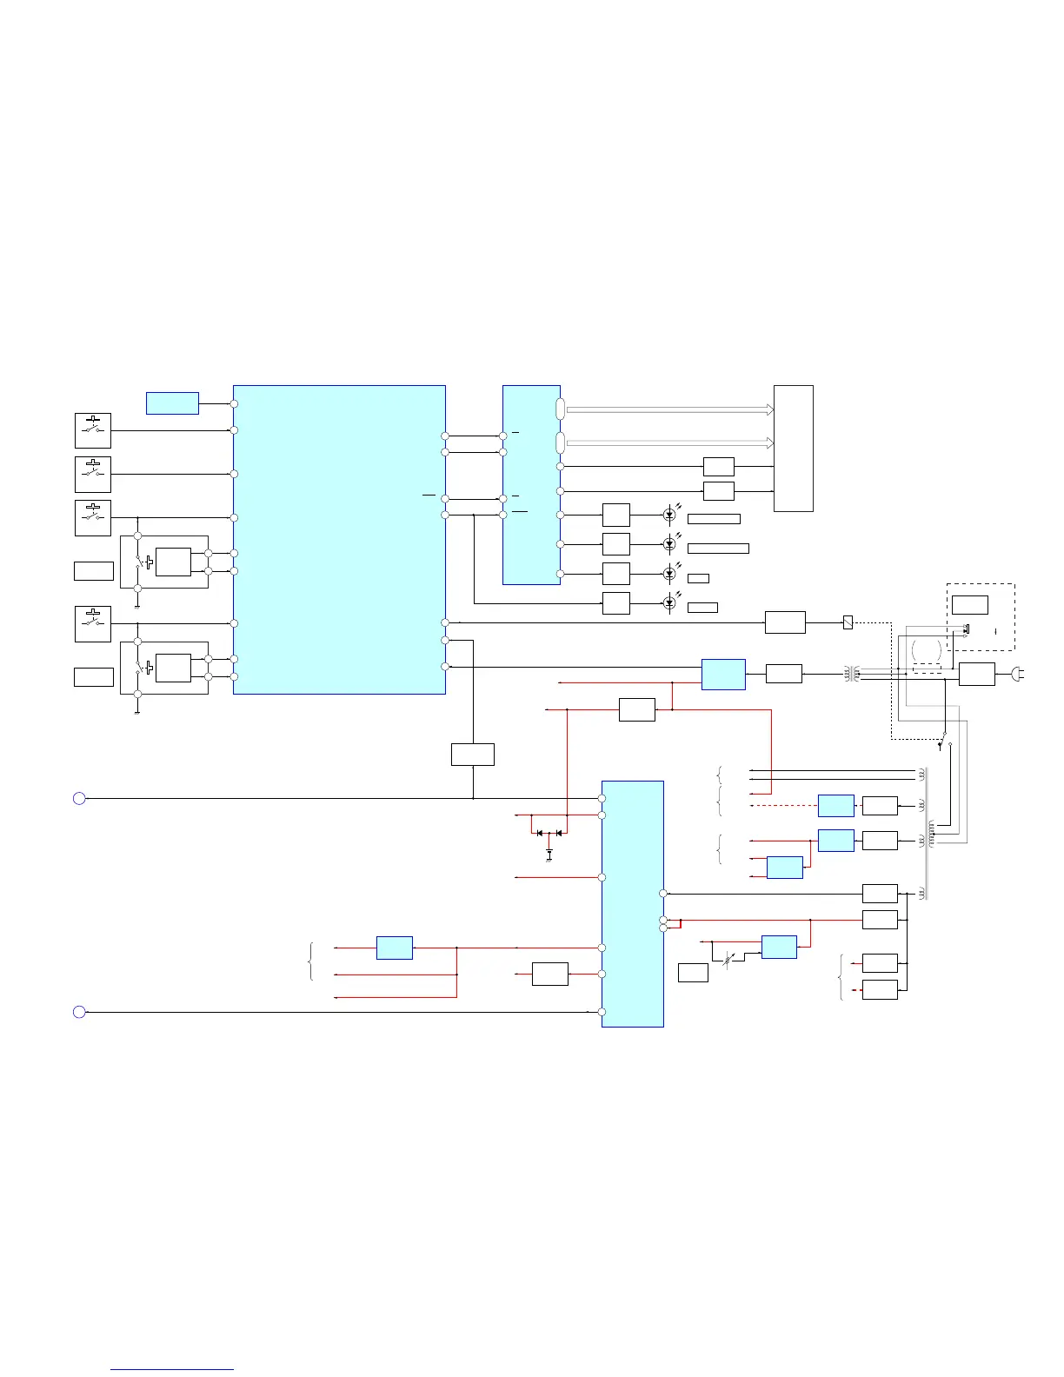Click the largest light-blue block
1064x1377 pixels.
point(339,539)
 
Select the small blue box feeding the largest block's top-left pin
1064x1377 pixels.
point(172,403)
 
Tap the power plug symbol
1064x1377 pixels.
point(1017,674)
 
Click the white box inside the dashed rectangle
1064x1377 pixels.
point(969,605)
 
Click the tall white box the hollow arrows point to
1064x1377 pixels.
point(793,448)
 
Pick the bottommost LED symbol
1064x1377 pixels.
point(669,603)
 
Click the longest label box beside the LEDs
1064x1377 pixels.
point(718,549)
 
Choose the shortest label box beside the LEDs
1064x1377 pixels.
point(698,578)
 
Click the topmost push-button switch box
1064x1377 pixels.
point(93,430)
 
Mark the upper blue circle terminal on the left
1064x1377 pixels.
point(79,798)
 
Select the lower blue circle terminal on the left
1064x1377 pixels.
point(79,1012)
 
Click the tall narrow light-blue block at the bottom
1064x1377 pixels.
point(632,903)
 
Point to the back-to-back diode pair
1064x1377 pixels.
point(549,834)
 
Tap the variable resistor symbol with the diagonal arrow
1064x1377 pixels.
point(728,960)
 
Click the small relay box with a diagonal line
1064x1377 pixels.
point(848,622)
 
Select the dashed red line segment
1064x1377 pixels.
point(783,806)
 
